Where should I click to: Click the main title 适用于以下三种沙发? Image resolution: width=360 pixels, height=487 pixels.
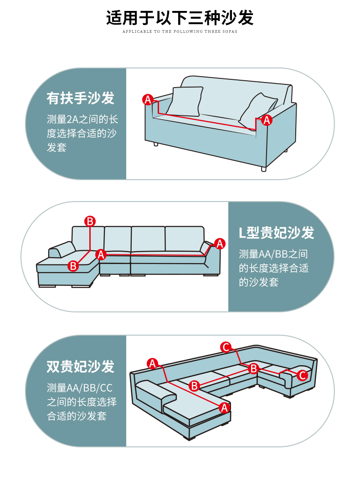(180, 18)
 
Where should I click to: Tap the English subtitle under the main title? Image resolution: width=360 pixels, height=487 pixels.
(180, 31)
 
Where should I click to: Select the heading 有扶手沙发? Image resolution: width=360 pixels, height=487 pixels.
(80, 98)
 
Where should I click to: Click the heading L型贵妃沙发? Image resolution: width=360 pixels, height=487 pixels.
(277, 233)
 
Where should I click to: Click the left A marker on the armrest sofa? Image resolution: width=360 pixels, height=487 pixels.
(148, 99)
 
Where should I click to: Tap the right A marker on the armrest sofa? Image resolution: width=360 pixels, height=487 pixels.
(267, 120)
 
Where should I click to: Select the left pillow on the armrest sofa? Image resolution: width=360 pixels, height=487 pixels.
(185, 101)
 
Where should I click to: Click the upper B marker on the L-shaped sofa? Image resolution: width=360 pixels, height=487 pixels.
(90, 221)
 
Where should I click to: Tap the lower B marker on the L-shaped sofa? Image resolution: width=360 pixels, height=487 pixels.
(73, 266)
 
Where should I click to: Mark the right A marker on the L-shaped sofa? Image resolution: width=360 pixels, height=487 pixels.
(220, 243)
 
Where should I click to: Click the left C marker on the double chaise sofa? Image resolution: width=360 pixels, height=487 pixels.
(226, 347)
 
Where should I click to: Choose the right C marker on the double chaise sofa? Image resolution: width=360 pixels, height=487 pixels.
(302, 375)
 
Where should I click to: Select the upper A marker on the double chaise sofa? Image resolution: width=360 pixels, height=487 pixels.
(153, 363)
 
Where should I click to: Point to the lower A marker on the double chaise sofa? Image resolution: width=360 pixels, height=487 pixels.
(224, 408)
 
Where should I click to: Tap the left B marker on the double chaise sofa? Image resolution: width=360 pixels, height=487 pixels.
(195, 386)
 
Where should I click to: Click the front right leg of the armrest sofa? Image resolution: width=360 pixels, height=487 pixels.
(263, 169)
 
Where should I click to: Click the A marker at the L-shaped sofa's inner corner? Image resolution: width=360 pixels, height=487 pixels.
(101, 254)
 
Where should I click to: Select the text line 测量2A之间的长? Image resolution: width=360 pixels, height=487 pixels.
(82, 119)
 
